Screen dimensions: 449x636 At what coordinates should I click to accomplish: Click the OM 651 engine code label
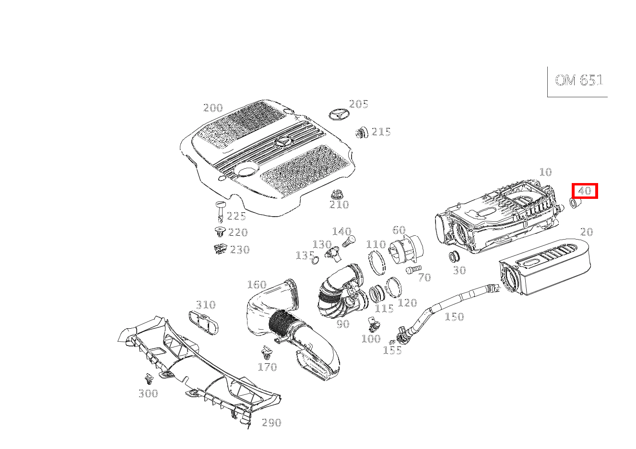(x=578, y=80)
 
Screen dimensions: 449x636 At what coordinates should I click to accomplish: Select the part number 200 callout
(x=213, y=108)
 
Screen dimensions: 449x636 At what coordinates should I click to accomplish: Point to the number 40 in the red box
(x=584, y=191)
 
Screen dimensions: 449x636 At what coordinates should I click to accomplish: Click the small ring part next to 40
(x=574, y=204)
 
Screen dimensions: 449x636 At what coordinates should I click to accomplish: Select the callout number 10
(x=545, y=172)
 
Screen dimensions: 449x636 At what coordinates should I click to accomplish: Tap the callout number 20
(x=586, y=232)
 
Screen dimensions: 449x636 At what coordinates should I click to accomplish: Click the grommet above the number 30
(x=454, y=256)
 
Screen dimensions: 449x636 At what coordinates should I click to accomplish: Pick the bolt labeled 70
(x=413, y=270)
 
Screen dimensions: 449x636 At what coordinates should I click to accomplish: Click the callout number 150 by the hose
(x=454, y=317)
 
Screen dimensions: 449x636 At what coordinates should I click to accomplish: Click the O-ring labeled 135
(x=315, y=260)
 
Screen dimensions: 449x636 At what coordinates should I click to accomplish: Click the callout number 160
(x=256, y=285)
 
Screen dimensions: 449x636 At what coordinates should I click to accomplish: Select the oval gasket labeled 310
(x=203, y=322)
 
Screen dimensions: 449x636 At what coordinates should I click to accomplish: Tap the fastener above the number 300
(x=149, y=380)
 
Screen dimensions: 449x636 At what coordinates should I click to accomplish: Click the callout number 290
(x=271, y=423)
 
